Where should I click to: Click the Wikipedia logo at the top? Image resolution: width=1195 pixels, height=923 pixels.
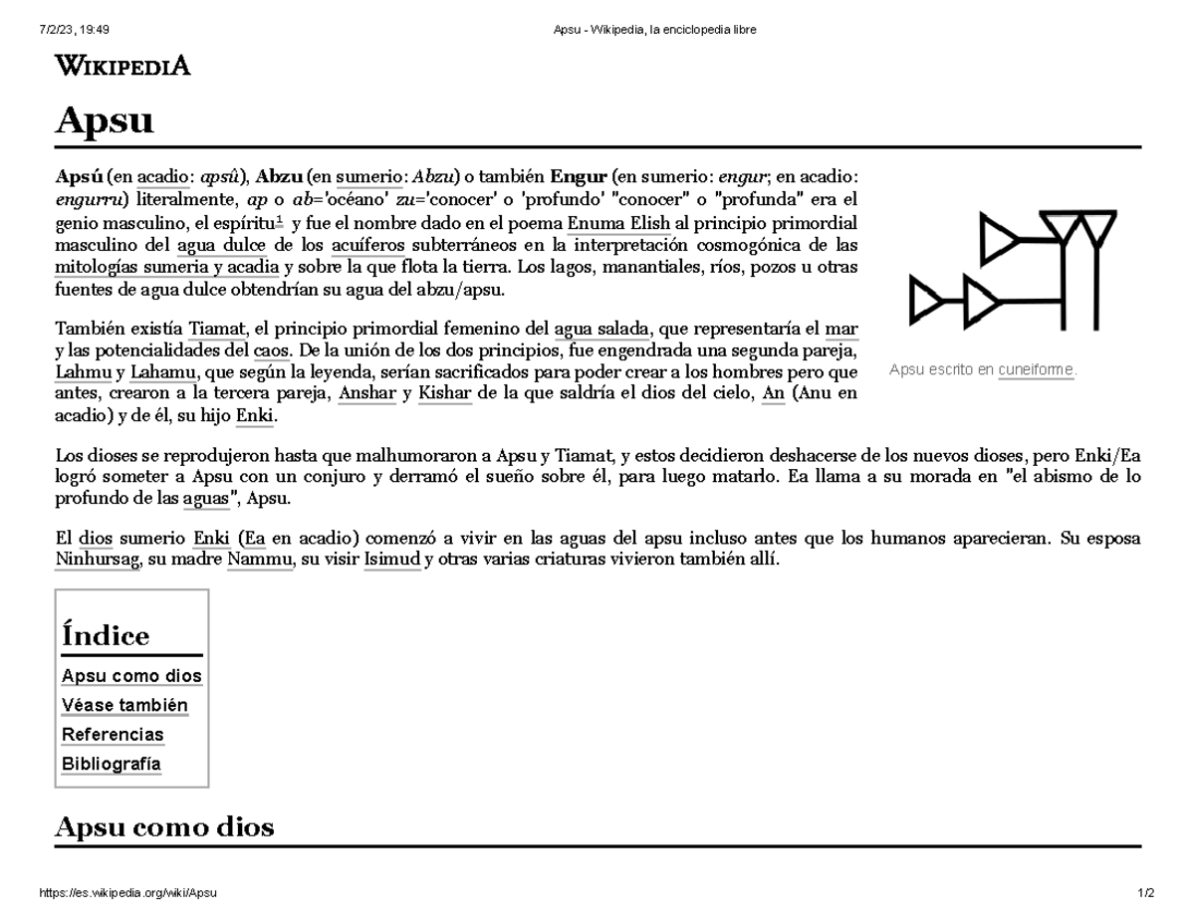(x=122, y=66)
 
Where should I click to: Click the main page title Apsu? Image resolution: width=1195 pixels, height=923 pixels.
(x=105, y=120)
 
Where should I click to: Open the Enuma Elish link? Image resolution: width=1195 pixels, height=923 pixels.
(x=619, y=222)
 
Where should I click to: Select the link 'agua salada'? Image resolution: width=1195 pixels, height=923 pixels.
(x=600, y=329)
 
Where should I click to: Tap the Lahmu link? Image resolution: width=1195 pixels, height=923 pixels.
(x=83, y=372)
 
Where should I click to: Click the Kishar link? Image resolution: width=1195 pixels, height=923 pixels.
(x=444, y=393)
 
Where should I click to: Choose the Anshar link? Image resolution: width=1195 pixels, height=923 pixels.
(x=367, y=393)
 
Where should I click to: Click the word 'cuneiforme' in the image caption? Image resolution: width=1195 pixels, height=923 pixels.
(x=1036, y=369)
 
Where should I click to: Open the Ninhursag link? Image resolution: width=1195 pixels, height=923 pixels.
(x=99, y=560)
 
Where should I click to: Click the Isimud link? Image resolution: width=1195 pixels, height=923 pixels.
(x=391, y=560)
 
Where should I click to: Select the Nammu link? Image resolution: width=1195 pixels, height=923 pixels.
(x=260, y=560)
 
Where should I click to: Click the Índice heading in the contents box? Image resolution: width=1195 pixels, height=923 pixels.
(x=106, y=635)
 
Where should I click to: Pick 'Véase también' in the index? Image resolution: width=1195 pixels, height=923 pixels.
(x=124, y=705)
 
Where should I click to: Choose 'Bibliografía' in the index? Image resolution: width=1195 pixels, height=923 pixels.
(x=111, y=764)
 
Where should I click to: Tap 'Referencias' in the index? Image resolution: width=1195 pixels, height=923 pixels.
(x=113, y=734)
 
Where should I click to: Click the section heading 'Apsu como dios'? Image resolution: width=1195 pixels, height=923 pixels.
(x=164, y=826)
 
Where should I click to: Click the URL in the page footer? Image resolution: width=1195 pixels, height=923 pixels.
(x=126, y=893)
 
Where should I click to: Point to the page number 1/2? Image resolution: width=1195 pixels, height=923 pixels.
(x=1145, y=893)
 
